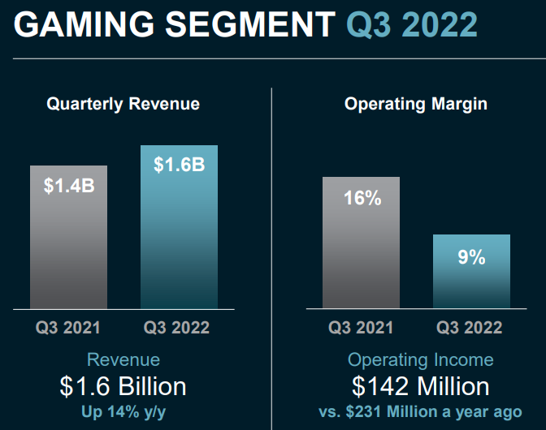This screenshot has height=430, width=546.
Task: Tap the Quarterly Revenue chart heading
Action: pyautogui.click(x=123, y=104)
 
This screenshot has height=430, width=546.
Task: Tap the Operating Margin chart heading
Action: pyautogui.click(x=416, y=104)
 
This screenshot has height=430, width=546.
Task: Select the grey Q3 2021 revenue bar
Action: pyautogui.click(x=69, y=243)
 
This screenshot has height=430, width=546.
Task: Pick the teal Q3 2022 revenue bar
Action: pyautogui.click(x=179, y=235)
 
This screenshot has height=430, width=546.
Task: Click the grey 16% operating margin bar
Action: pyautogui.click(x=361, y=252)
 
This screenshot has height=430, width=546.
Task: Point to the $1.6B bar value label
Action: pyautogui.click(x=179, y=165)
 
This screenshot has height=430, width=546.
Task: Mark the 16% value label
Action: pyautogui.click(x=361, y=197)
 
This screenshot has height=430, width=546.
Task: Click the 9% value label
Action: pyautogui.click(x=471, y=257)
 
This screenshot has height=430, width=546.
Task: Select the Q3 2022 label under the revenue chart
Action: pyautogui.click(x=177, y=328)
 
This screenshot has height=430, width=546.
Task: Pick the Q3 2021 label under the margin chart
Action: pyautogui.click(x=361, y=328)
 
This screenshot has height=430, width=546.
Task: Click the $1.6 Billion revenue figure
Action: pyautogui.click(x=123, y=385)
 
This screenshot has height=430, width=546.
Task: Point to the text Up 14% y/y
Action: pyautogui.click(x=123, y=411)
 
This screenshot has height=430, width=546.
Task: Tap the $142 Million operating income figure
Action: pyautogui.click(x=420, y=385)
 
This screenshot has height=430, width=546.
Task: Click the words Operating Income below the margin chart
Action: pyautogui.click(x=420, y=359)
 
